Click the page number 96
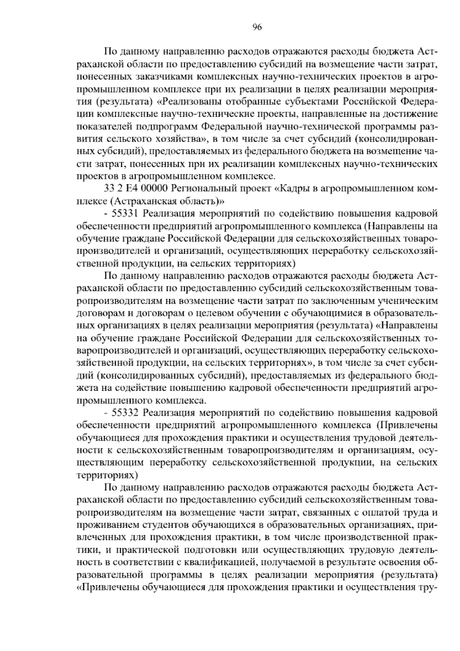pos(257,27)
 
